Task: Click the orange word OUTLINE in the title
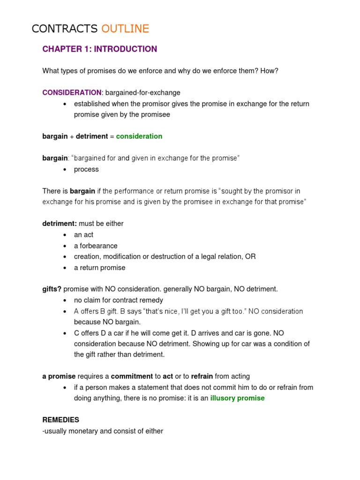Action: pos(125,29)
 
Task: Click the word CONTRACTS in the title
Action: pos(64,29)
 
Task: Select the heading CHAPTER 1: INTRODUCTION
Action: pos(100,49)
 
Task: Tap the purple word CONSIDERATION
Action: pos(72,93)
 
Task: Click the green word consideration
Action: pos(139,136)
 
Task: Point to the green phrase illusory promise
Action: pos(237,398)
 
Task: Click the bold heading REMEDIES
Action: pos(61,420)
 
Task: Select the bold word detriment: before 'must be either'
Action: pos(60,224)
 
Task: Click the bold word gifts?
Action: pos(52,289)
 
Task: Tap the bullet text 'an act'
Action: pos(83,235)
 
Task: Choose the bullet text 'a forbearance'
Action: pos(96,246)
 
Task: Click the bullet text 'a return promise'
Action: pos(99,268)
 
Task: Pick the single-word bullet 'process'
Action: pos(86,169)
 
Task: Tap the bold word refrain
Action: pos(202,376)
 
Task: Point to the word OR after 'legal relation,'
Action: pos(250,257)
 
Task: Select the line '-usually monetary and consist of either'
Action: pos(103,431)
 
